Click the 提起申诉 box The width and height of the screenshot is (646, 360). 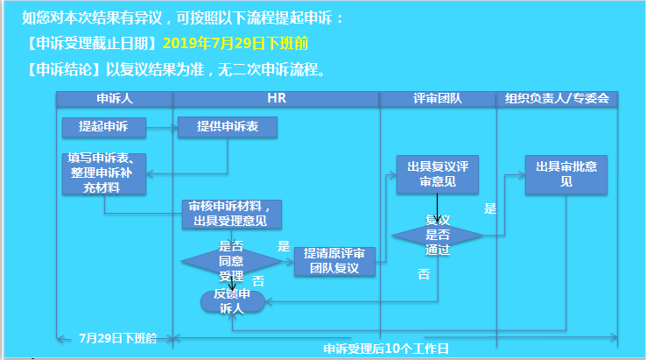(x=103, y=128)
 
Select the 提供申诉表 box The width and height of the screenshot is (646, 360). (x=228, y=128)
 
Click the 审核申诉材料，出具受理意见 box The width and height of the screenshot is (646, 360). (x=235, y=214)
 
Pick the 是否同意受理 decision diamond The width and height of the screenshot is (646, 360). (x=230, y=261)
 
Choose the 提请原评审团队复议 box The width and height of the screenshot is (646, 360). (x=334, y=262)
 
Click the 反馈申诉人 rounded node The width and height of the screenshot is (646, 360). (x=232, y=300)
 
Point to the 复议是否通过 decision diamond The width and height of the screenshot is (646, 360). (x=437, y=235)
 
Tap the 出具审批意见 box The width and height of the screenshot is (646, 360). (x=565, y=174)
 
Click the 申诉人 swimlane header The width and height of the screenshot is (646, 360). (x=115, y=99)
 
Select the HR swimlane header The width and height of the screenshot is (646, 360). (x=277, y=99)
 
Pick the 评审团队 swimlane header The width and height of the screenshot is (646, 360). (x=438, y=99)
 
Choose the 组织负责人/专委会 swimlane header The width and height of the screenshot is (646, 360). (x=557, y=99)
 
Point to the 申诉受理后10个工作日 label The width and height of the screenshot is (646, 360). (x=385, y=349)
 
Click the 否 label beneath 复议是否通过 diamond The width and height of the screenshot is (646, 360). (x=424, y=274)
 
